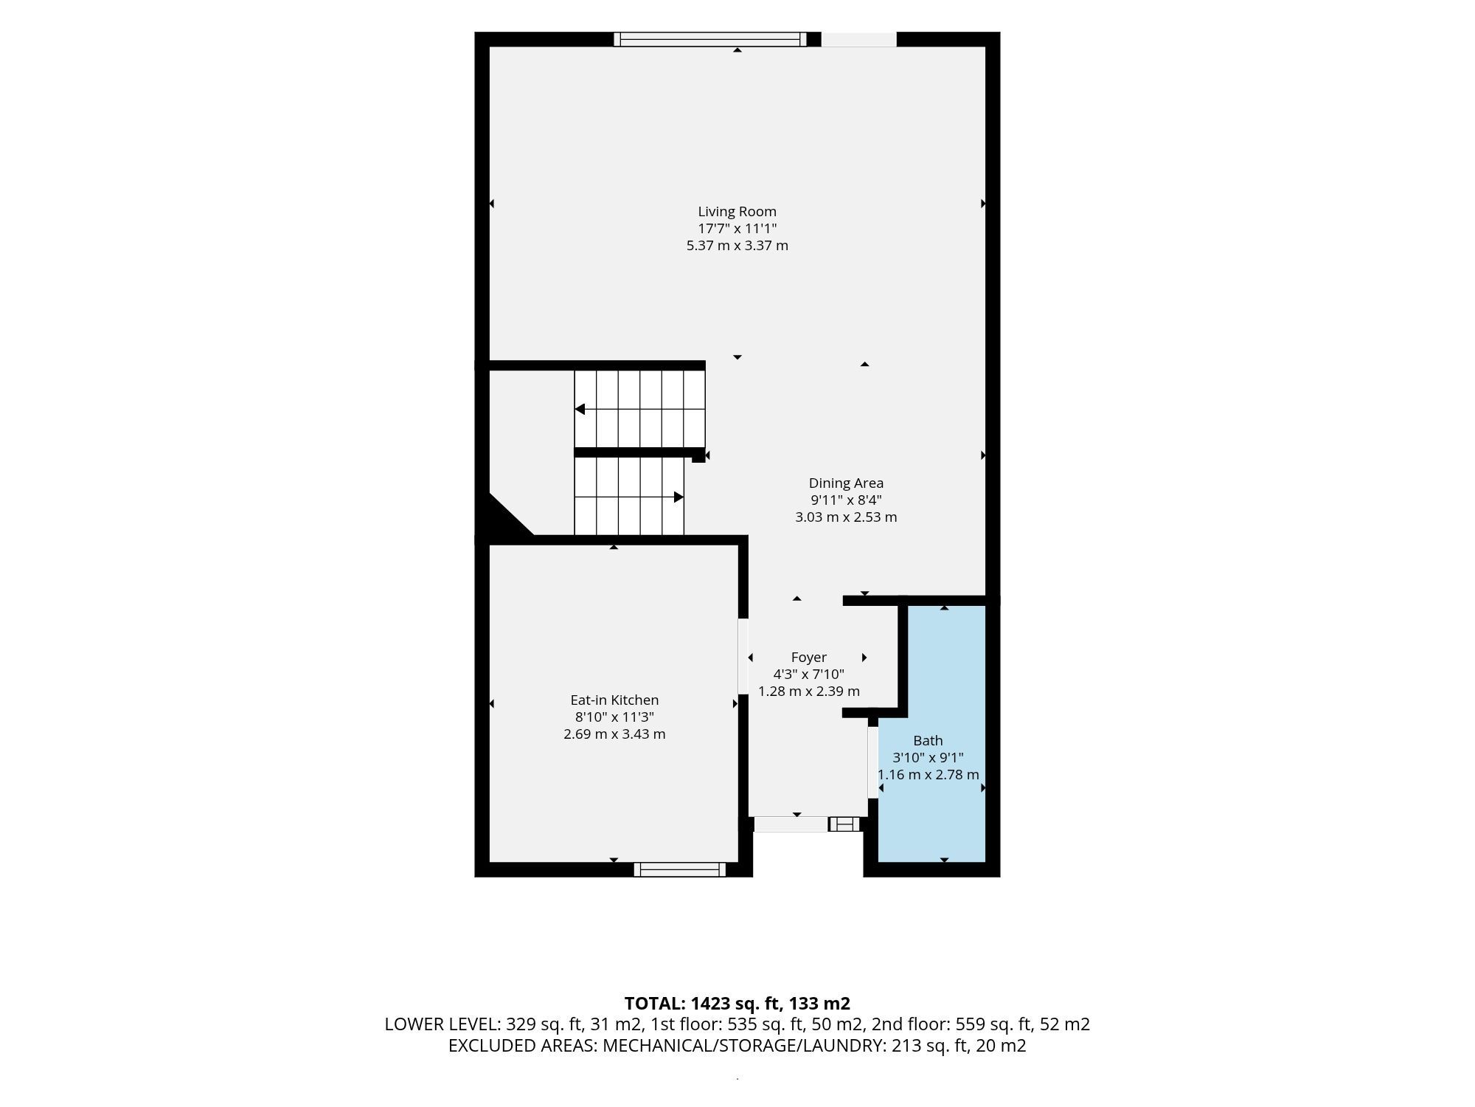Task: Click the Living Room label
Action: tap(737, 212)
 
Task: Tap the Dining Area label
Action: tap(846, 483)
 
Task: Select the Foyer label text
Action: tap(808, 658)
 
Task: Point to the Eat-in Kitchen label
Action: tap(614, 700)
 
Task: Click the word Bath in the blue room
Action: tap(928, 740)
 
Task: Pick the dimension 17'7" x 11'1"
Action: tap(737, 229)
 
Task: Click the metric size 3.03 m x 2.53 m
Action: tap(846, 517)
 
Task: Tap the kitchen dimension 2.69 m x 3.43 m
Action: tap(614, 734)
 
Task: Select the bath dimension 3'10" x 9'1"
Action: tap(928, 758)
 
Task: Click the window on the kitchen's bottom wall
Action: tap(680, 869)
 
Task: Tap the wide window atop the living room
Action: tap(710, 39)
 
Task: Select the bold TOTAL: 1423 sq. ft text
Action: tap(702, 1004)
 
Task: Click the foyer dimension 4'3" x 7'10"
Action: tap(808, 675)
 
